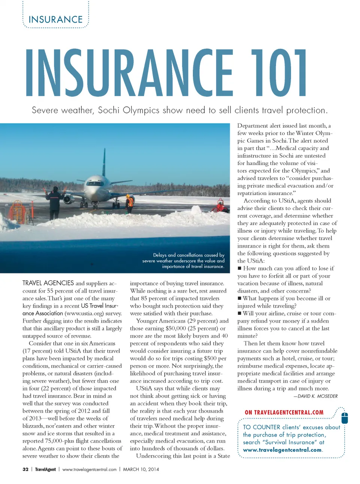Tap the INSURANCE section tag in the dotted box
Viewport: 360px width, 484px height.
55,19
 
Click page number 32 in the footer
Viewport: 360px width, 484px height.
25,469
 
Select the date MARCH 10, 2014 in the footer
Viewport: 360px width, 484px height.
141,469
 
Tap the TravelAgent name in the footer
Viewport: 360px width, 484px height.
45,469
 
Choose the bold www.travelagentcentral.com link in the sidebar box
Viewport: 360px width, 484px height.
282,450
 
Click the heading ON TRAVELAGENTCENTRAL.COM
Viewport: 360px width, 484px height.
284,412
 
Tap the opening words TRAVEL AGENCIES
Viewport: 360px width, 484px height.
48,283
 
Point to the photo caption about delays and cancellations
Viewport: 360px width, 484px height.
184,261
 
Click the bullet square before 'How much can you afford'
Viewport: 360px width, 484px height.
240,268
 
